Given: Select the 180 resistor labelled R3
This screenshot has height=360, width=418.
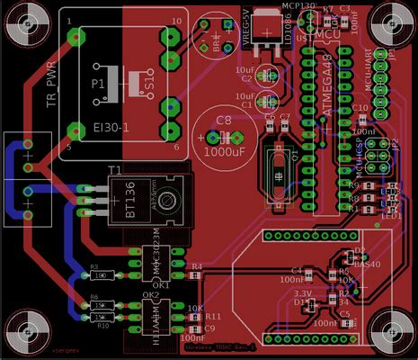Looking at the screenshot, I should [x=105, y=275].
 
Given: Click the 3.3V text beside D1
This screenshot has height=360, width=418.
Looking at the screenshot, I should [x=303, y=293].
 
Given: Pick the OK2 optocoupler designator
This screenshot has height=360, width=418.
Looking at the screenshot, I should [x=150, y=294].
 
